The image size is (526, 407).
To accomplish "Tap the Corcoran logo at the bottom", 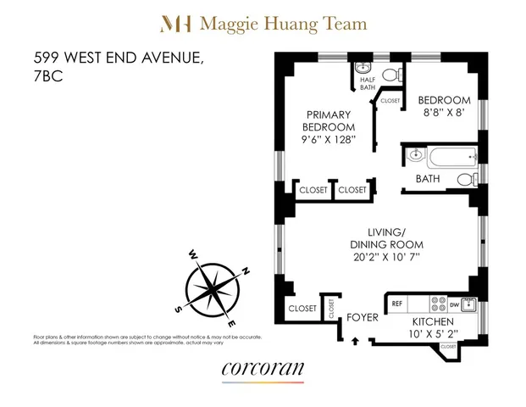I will pyautogui.click(x=263, y=370).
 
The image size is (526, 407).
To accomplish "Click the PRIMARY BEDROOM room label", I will pyautogui.click(x=330, y=124).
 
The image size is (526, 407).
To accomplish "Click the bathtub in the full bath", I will pyautogui.click(x=449, y=157).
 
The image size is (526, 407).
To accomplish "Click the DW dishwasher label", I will pyautogui.click(x=453, y=303).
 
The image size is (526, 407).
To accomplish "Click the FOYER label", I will pyautogui.click(x=363, y=318).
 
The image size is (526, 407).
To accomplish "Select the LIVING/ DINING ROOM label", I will pyautogui.click(x=388, y=238).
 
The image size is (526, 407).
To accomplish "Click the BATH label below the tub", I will pyautogui.click(x=427, y=179).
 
